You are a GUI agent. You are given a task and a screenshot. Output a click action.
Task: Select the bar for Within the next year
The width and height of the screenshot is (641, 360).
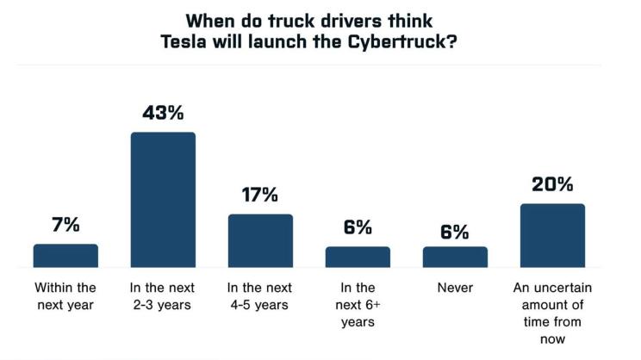[x=65, y=256]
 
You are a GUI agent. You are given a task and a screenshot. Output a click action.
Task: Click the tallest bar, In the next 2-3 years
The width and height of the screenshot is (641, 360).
[x=163, y=200]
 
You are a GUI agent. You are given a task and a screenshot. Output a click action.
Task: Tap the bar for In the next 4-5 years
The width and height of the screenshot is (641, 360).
[x=260, y=241]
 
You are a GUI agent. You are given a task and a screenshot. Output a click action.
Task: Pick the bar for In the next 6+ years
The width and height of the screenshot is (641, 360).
[x=358, y=257]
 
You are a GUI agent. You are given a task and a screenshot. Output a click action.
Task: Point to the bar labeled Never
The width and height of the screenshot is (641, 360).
[x=455, y=257]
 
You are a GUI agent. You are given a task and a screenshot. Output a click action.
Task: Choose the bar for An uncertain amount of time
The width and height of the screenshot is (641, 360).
[x=552, y=236]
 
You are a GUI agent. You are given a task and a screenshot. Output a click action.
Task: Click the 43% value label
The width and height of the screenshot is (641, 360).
[x=163, y=113]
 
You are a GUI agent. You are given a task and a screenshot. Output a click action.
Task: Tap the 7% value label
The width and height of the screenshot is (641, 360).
[x=65, y=225]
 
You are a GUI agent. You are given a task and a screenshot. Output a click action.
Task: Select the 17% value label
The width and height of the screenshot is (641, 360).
[x=260, y=195]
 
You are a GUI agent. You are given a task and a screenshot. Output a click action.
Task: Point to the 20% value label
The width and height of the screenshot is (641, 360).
[x=552, y=184]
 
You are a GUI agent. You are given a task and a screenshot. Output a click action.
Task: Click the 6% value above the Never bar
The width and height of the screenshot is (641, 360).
[x=455, y=231]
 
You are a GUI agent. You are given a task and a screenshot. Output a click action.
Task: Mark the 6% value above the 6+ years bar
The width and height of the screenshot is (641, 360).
[x=358, y=227]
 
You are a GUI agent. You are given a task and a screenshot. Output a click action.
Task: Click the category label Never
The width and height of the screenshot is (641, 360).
[x=455, y=288]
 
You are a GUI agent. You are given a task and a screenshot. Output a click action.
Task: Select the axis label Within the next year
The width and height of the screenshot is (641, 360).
[x=65, y=296]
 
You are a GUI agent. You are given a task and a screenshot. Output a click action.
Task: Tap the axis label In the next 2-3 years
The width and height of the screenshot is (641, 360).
[x=163, y=296]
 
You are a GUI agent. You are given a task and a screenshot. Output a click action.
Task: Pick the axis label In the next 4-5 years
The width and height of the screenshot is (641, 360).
[x=260, y=296]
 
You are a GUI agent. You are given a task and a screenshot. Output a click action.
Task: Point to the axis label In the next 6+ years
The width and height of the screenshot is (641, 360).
[x=358, y=305]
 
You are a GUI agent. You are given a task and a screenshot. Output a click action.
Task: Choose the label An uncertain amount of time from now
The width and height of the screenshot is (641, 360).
[x=552, y=313]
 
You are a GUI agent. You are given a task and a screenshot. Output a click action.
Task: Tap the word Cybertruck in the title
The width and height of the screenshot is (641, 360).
[x=411, y=44]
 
